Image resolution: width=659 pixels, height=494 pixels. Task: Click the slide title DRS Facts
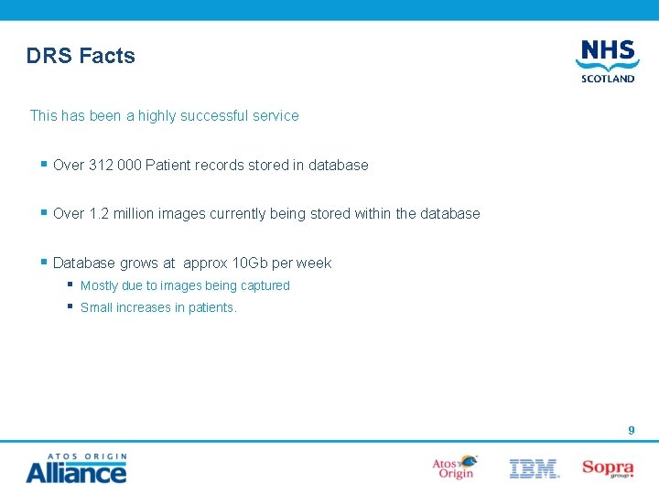(x=81, y=56)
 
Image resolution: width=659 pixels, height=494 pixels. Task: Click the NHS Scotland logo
(x=607, y=61)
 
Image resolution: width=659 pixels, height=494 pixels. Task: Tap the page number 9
(x=631, y=430)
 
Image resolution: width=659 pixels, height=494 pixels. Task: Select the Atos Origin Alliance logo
(x=76, y=468)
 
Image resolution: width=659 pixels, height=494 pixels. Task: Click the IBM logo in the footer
(x=534, y=469)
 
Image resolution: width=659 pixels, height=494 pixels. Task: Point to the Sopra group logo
(x=608, y=468)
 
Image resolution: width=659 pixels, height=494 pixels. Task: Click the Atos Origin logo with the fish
(x=455, y=467)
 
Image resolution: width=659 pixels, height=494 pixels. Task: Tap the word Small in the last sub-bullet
(x=96, y=308)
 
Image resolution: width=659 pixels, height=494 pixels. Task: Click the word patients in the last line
(x=211, y=308)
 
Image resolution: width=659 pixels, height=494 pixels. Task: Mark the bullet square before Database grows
(x=44, y=262)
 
